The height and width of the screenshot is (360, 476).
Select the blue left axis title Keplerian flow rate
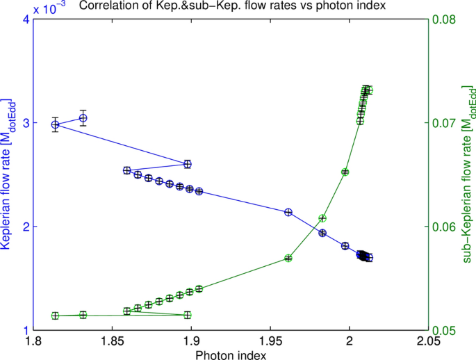click(x=8, y=175)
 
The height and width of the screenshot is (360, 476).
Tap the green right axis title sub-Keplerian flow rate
click(x=470, y=175)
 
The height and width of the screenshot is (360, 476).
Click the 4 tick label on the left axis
click(x=23, y=19)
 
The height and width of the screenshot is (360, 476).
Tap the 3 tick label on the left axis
click(x=23, y=123)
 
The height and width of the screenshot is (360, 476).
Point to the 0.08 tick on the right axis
click(x=445, y=19)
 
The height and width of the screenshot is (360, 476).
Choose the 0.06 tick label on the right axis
click(x=445, y=227)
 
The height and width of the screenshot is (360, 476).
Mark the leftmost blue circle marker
click(x=55, y=125)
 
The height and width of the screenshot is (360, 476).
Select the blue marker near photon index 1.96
click(x=288, y=212)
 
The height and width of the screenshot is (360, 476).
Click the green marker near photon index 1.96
click(x=288, y=258)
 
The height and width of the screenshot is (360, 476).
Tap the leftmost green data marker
click(x=55, y=316)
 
